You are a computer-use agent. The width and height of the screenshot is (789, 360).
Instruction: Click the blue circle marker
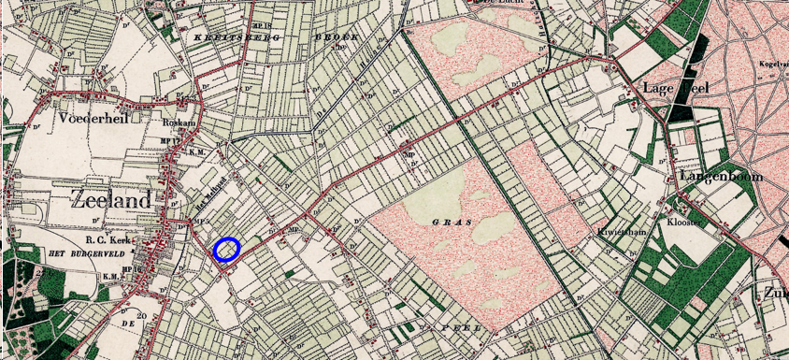[x=227, y=249]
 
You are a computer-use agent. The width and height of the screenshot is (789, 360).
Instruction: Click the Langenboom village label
[x=722, y=176]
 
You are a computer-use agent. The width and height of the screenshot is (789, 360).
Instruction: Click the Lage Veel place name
[x=676, y=87]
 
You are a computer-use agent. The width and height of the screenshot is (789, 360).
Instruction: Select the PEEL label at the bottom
[x=465, y=330]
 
